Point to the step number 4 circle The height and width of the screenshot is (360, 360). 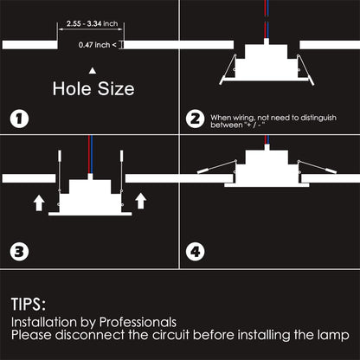[196, 254]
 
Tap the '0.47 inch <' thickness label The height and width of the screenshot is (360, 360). [98, 44]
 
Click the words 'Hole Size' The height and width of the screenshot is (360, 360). [93, 88]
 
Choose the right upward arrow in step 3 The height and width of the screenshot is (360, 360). [140, 202]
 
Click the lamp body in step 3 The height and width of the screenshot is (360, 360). [90, 195]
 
